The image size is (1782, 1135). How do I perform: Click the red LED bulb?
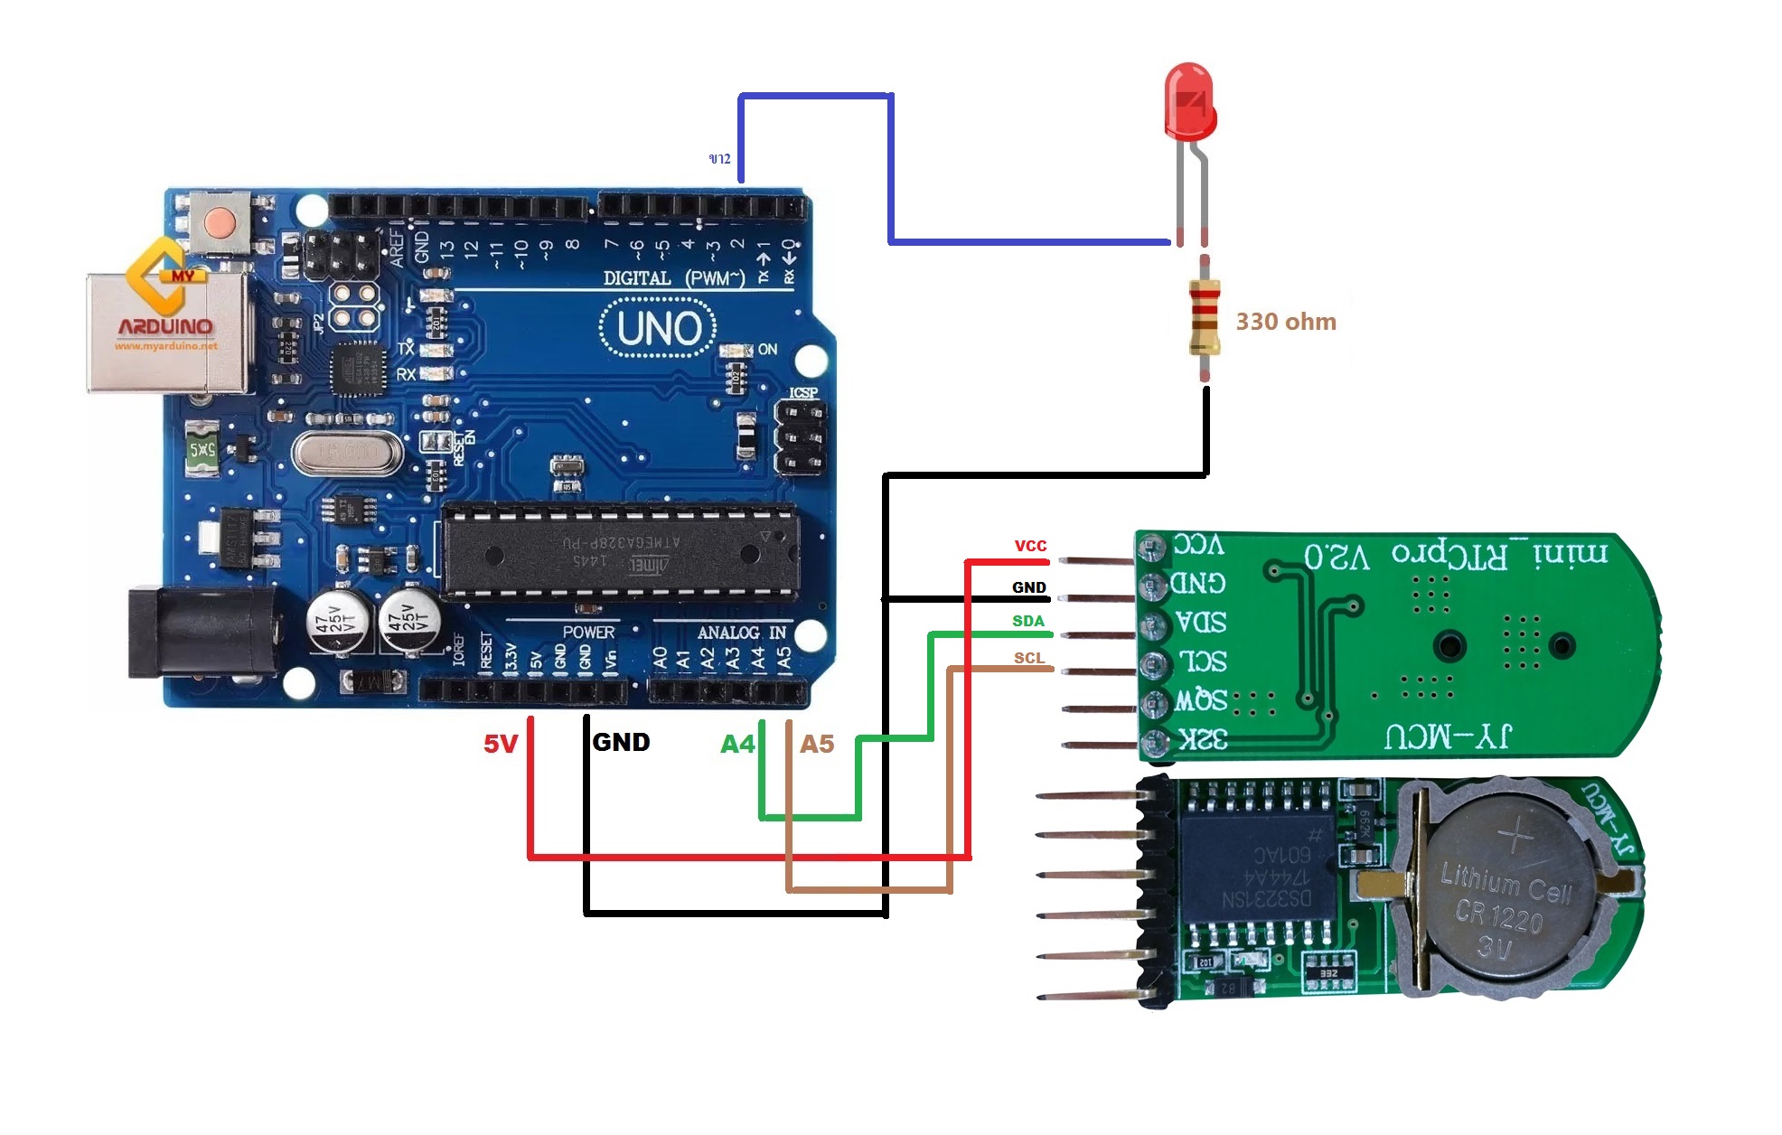(1189, 101)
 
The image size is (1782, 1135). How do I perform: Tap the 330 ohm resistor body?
(1205, 316)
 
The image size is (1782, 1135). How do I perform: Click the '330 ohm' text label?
(1285, 322)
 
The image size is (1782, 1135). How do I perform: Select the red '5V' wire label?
(500, 744)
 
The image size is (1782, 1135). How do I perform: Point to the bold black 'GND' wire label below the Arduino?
(621, 742)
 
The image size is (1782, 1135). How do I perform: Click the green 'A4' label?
(736, 744)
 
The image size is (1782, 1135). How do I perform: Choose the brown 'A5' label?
(817, 744)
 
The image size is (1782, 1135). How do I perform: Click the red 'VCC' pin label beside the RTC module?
(1030, 546)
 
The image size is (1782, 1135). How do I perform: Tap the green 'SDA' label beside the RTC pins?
(1027, 621)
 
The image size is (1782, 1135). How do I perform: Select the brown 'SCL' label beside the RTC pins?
(1028, 658)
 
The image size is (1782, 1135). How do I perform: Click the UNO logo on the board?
(658, 329)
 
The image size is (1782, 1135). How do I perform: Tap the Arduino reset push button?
(219, 222)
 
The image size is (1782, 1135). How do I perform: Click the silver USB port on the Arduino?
(167, 333)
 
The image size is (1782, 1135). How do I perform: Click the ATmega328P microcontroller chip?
(622, 551)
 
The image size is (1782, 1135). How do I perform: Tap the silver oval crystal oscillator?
(347, 452)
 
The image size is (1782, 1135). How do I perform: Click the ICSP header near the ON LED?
(801, 439)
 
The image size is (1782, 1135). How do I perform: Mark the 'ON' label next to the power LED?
(767, 350)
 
